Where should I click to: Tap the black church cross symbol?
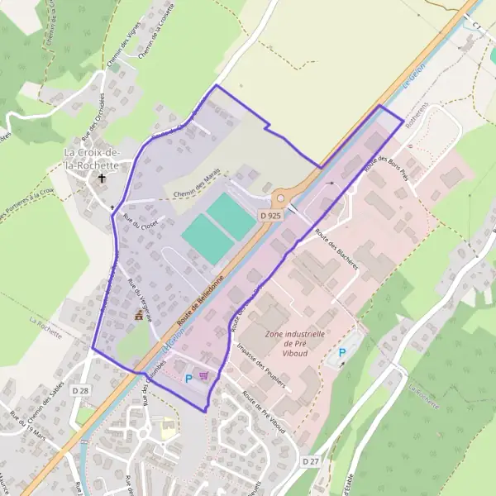click(x=103, y=178)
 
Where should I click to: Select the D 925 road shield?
click(x=269, y=215)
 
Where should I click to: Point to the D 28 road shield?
click(x=79, y=389)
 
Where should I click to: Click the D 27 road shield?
click(x=310, y=460)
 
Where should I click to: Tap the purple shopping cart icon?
click(x=203, y=375)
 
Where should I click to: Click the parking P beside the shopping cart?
click(x=188, y=378)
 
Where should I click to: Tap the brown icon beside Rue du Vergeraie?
click(x=139, y=316)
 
